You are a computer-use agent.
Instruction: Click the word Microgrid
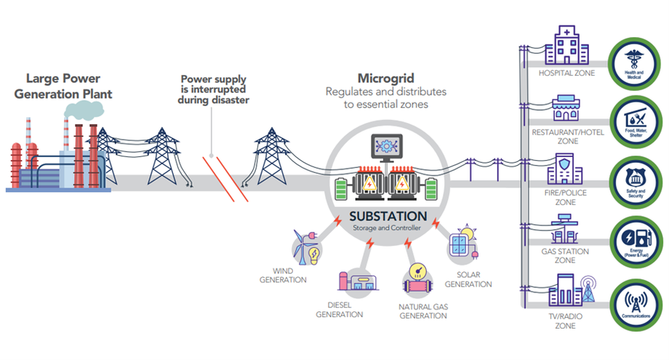(385, 79)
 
